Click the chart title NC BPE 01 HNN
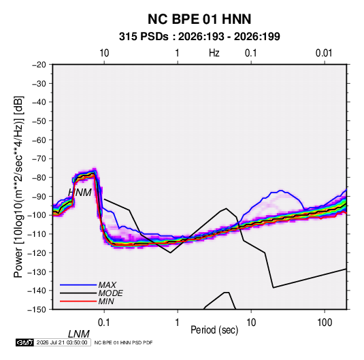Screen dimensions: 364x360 (x=199, y=19)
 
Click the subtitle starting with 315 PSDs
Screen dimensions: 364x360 (x=199, y=37)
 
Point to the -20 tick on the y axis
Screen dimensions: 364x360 (x=39, y=65)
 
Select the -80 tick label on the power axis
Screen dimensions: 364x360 (x=39, y=178)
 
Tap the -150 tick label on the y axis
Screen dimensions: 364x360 (x=37, y=310)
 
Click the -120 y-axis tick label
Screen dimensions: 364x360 (x=37, y=253)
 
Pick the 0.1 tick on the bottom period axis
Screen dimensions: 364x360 (x=104, y=322)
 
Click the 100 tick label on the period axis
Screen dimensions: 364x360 (x=325, y=322)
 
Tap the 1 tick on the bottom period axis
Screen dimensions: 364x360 (x=178, y=322)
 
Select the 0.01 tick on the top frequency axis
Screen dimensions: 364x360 (x=324, y=53)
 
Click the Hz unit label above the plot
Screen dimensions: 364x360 (x=214, y=53)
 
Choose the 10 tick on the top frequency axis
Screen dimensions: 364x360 (x=104, y=53)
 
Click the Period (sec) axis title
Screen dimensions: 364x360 (x=214, y=330)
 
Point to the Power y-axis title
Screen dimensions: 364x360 (x=18, y=187)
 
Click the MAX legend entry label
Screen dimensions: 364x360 (x=107, y=285)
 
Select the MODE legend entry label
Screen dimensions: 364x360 (x=110, y=293)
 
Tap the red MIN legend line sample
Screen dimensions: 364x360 (x=78, y=301)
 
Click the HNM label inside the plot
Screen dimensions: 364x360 (x=80, y=193)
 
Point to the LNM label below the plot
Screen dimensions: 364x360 (x=79, y=334)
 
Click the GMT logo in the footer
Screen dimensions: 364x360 (x=25, y=342)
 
